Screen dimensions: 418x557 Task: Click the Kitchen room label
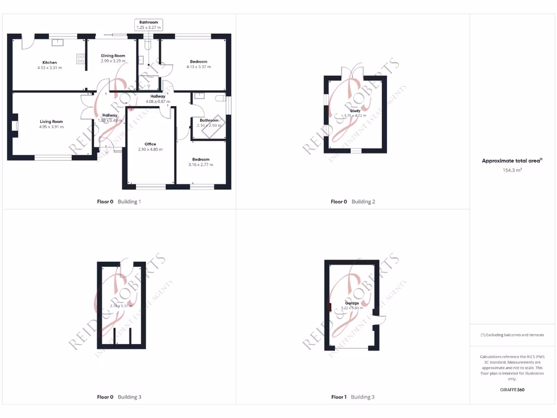(x=49, y=63)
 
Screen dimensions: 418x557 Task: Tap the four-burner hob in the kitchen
(x=81, y=58)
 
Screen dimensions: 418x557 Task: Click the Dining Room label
(x=113, y=56)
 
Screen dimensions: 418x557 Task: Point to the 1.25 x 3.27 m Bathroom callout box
(x=148, y=24)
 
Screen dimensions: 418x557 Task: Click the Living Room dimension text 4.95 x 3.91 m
(x=51, y=127)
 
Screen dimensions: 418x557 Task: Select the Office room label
(x=150, y=144)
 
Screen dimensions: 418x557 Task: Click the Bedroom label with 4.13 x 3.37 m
(x=199, y=62)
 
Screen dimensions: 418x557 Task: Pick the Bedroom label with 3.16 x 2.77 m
(x=201, y=159)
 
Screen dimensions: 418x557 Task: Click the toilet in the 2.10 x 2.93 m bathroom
(x=220, y=99)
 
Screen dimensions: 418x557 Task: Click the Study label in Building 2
(x=355, y=110)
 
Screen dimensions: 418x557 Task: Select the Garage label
(x=351, y=303)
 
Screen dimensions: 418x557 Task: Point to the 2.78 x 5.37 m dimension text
(x=121, y=306)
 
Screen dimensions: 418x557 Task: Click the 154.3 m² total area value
(x=512, y=170)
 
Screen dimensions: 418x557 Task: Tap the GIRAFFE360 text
(x=512, y=390)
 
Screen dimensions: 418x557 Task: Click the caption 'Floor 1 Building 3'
(x=352, y=397)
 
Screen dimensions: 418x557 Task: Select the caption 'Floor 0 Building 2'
(x=352, y=202)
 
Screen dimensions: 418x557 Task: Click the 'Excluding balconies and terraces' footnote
(x=512, y=335)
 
